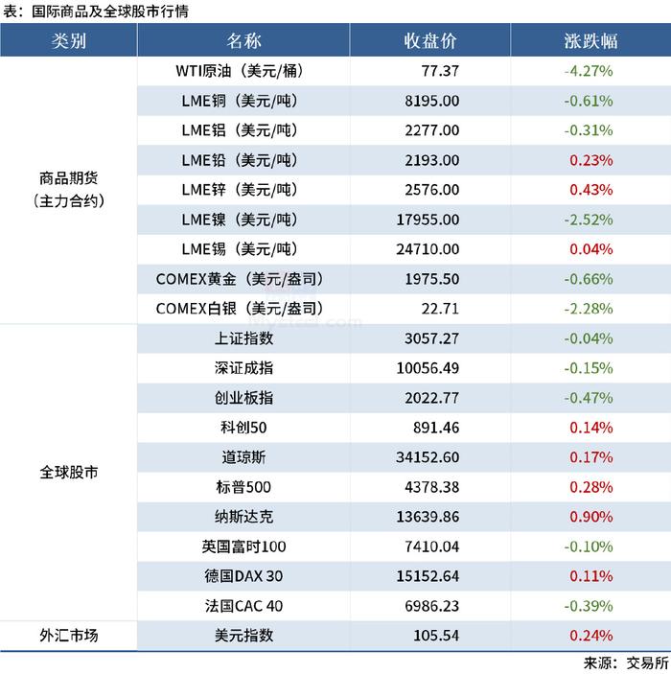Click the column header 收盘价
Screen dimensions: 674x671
pyautogui.click(x=429, y=41)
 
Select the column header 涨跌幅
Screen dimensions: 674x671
pyautogui.click(x=590, y=41)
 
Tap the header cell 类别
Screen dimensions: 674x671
pyautogui.click(x=69, y=41)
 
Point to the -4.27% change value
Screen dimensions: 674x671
pyautogui.click(x=589, y=71)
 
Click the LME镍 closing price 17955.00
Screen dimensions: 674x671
pyautogui.click(x=428, y=220)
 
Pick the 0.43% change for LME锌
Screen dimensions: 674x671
pyautogui.click(x=590, y=190)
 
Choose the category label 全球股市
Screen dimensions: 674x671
pyautogui.click(x=69, y=473)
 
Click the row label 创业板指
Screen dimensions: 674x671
pyautogui.click(x=243, y=398)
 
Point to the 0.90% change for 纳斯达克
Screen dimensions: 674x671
pyautogui.click(x=590, y=517)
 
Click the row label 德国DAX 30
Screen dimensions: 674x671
pyautogui.click(x=243, y=576)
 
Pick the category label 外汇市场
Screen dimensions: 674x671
pyautogui.click(x=69, y=636)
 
